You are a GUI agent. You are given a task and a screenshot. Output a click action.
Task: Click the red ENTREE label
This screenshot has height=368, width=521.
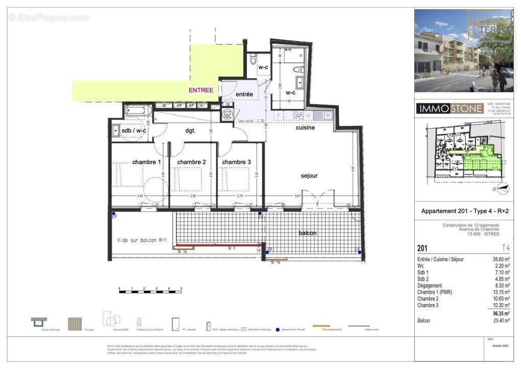point(201,90)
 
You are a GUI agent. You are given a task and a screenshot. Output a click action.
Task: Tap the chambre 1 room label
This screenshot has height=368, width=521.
point(146,162)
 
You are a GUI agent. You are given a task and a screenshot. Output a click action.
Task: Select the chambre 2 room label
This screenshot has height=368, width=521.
point(191,162)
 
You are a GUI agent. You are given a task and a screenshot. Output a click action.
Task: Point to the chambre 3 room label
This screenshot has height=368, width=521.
point(236,162)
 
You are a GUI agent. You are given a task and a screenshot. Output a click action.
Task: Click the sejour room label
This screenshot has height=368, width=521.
point(309,176)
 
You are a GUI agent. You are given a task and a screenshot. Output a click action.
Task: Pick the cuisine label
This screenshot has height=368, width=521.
point(305,128)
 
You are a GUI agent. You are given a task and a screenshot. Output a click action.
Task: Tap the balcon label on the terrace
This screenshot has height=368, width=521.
point(308,233)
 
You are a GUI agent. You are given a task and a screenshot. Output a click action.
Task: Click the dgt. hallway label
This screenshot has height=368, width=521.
point(190,130)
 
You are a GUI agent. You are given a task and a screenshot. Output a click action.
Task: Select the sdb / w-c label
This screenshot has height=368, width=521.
point(133,131)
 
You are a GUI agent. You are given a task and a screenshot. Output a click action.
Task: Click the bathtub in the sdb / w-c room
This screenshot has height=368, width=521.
point(137,110)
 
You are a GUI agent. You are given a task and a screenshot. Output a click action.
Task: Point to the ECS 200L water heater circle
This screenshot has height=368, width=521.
point(228,114)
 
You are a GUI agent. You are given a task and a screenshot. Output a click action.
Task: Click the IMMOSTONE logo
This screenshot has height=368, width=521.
point(449,108)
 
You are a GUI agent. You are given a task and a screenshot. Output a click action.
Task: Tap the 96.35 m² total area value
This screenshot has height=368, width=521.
point(500,313)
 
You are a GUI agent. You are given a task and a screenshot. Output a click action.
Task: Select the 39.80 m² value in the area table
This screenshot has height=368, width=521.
point(501,259)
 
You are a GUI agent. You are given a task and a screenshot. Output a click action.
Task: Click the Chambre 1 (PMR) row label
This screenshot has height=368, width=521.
point(435,292)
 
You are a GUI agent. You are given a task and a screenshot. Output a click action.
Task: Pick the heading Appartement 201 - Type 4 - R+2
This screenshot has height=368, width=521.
point(465,211)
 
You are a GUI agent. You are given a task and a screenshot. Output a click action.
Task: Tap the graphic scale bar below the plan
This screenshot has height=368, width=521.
point(150,291)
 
